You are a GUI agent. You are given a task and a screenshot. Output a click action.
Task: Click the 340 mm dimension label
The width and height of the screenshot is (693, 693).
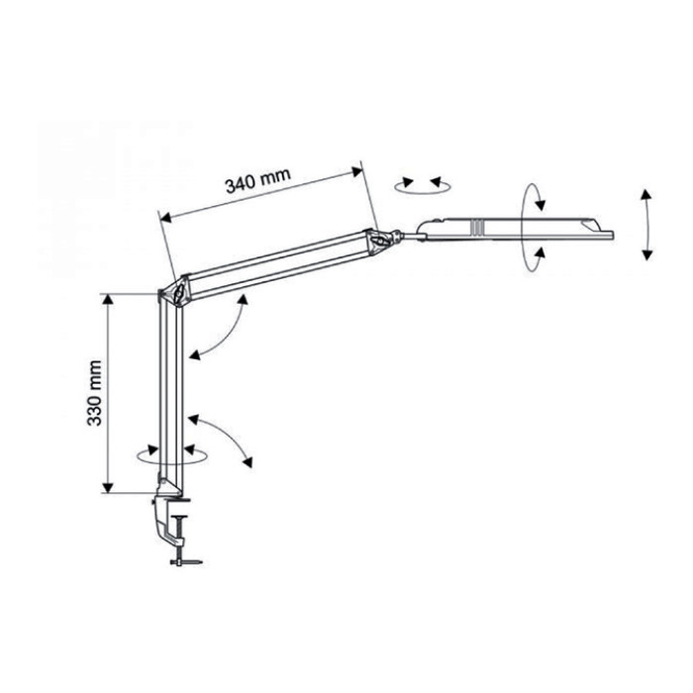coord(258,180)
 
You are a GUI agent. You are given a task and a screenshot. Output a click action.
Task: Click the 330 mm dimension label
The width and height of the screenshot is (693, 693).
coord(94,393)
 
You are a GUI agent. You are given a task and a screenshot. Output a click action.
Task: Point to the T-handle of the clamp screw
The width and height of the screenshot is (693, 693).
coord(186,562)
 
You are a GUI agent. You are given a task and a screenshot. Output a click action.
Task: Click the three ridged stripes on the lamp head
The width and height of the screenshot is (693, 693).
coord(476,227)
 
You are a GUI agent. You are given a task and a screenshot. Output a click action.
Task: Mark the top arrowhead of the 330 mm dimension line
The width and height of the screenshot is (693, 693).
coord(108,300)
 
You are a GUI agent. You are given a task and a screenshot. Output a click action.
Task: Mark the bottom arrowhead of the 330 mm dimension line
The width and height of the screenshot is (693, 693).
coord(108,487)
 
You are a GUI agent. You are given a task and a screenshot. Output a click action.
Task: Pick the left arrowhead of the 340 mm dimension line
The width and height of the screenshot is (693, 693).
coord(165,217)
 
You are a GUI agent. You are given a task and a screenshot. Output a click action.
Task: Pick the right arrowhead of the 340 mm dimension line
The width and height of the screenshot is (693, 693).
coord(356,171)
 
